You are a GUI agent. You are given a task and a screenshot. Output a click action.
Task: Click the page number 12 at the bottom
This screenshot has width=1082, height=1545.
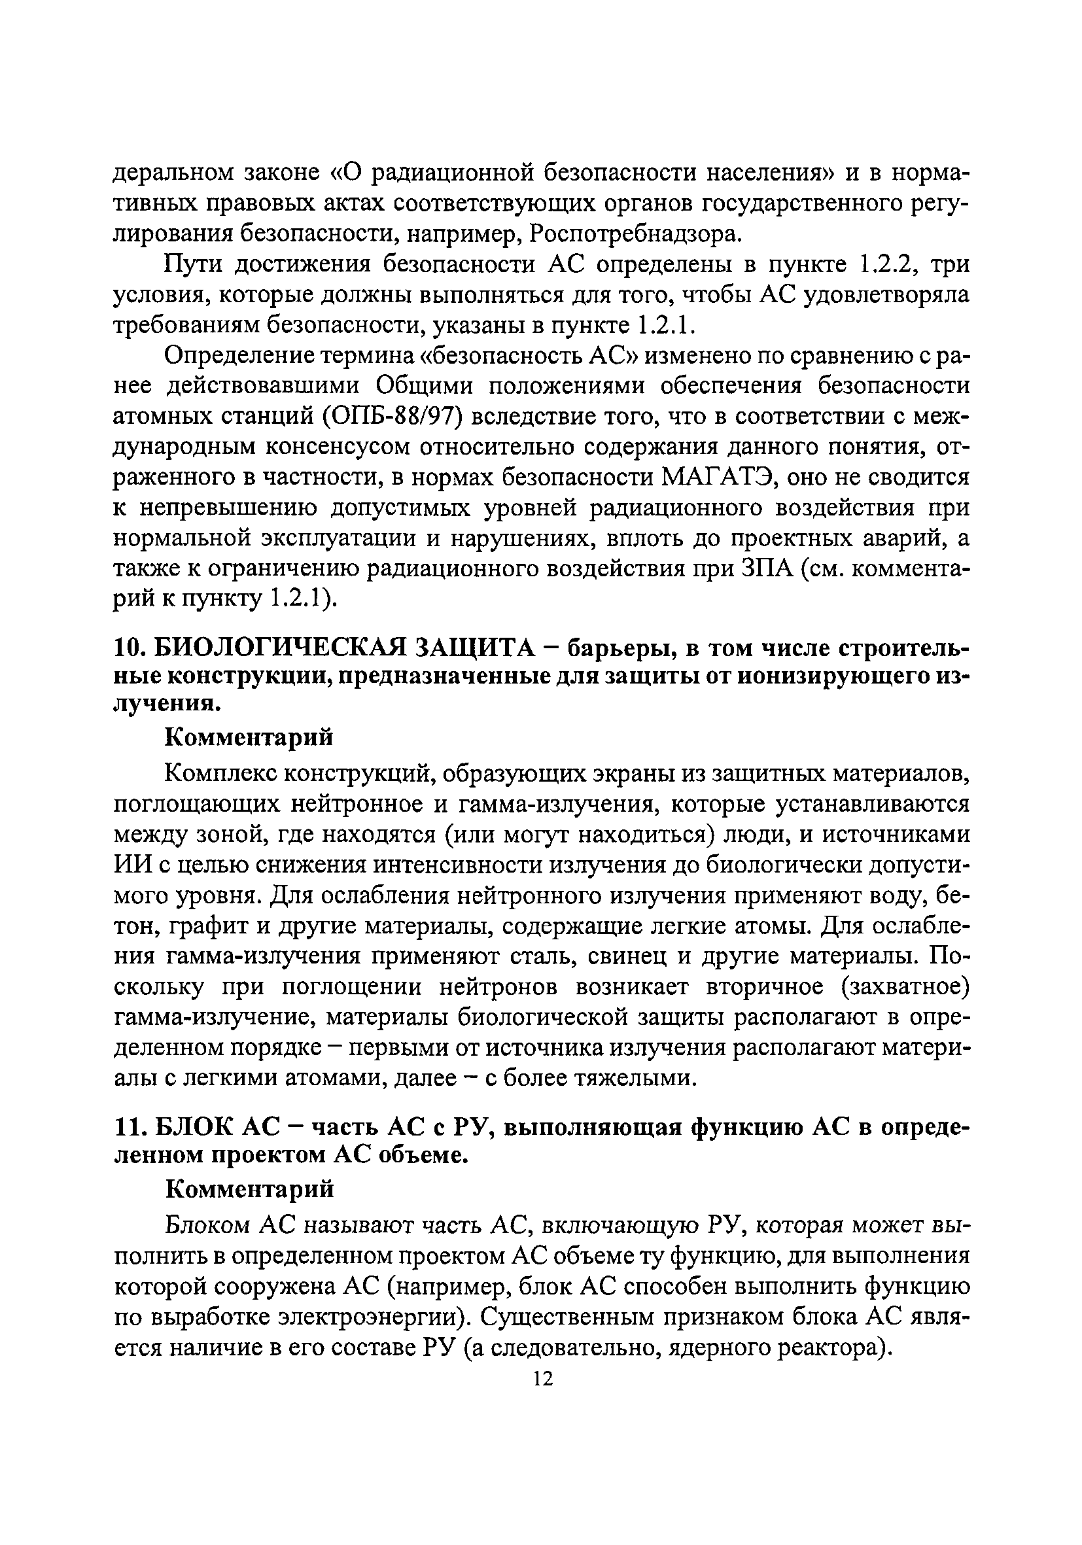[542, 1379]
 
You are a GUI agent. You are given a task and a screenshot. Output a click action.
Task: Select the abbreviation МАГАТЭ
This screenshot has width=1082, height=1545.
[720, 477]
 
